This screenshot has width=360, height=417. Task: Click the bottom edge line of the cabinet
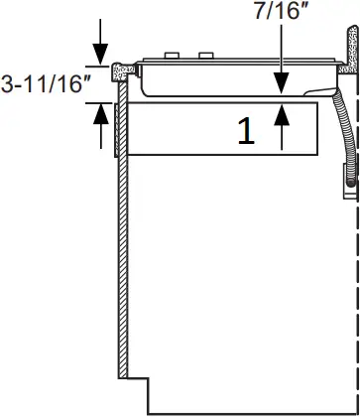point(248,413)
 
